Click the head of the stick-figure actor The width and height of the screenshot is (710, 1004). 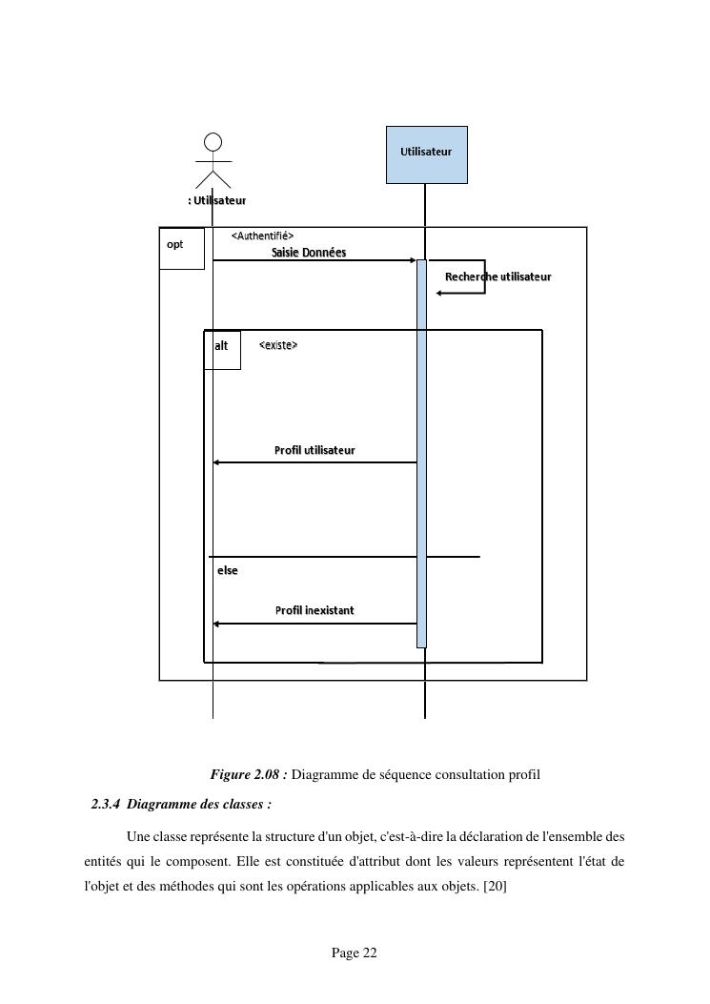pos(213,142)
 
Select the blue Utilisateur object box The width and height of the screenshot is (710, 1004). pos(426,154)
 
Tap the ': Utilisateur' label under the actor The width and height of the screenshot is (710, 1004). pos(217,200)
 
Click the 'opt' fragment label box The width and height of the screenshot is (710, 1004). pos(181,248)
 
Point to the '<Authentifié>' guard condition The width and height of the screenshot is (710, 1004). pos(262,236)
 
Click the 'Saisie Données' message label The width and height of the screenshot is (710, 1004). pos(309,253)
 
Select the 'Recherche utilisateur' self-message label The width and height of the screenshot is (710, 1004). pos(497,277)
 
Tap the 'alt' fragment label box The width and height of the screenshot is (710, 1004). pos(222,349)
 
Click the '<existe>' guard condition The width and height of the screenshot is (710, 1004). pos(278,345)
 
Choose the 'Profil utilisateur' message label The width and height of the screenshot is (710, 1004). pos(314,450)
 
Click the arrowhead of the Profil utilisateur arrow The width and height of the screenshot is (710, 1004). pos(216,462)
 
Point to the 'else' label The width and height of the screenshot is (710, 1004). pos(228,570)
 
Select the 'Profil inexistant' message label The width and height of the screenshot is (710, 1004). pos(314,610)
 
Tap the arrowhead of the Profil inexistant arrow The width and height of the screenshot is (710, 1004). pos(216,624)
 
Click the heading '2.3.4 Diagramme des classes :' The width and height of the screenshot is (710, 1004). pos(181,805)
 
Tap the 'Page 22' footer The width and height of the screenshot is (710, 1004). pos(355,953)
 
